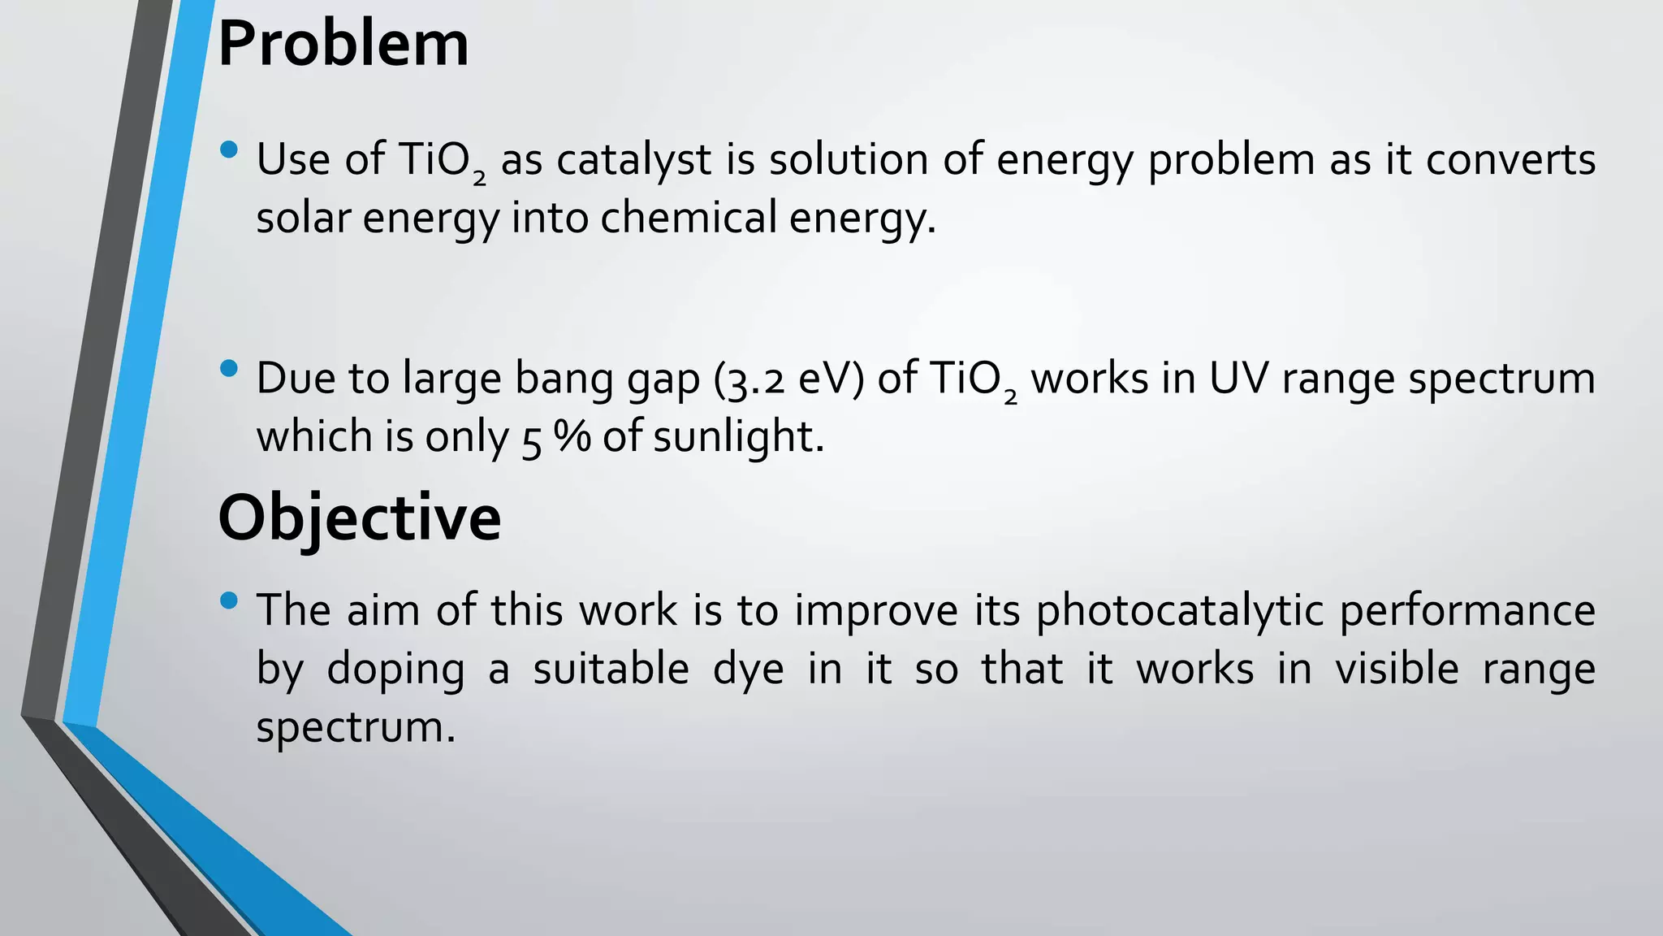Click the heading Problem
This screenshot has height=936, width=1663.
343,45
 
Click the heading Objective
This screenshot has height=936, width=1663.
360,518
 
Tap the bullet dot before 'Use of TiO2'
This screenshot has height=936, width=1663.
229,149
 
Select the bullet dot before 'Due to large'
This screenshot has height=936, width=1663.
229,369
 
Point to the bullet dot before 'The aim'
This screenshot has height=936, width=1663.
229,600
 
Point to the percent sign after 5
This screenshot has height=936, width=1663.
572,437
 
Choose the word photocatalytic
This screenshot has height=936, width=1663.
1181,611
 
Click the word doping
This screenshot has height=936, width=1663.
395,669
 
